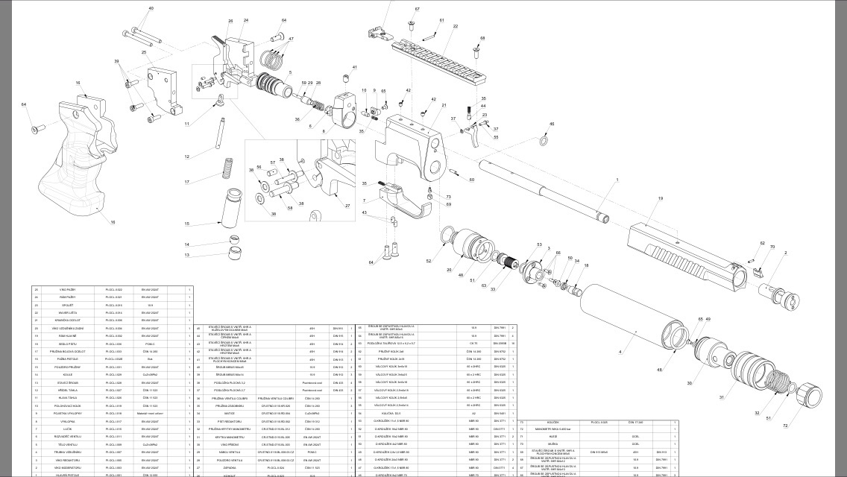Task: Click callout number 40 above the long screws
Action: click(x=151, y=8)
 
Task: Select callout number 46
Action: click(x=552, y=124)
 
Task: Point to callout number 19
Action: click(x=660, y=199)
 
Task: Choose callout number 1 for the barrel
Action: click(x=617, y=180)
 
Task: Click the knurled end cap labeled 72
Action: click(x=810, y=394)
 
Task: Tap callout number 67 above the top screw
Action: click(x=418, y=9)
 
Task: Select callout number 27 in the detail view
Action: click(x=347, y=203)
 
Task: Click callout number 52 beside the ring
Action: click(x=429, y=261)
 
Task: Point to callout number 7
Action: click(x=364, y=200)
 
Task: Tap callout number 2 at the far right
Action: click(x=785, y=253)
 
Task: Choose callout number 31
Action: click(x=721, y=398)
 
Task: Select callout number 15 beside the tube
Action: click(x=187, y=224)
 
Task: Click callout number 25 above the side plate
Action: click(x=144, y=53)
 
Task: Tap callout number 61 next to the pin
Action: click(x=441, y=21)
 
